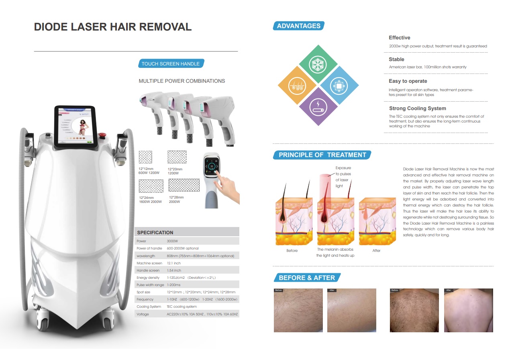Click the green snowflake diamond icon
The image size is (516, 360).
[318, 64]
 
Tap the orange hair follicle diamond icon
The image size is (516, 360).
[297, 85]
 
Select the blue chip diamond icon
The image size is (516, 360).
[339, 85]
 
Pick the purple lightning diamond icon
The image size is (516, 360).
[318, 106]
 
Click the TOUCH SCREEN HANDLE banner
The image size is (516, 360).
[171, 63]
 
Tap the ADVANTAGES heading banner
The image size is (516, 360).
[298, 26]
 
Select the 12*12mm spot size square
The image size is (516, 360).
[145, 157]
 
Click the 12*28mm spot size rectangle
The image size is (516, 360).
[184, 185]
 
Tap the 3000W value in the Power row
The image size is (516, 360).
[172, 241]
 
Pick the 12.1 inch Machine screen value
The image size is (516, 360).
[174, 263]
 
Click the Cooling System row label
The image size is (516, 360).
[149, 307]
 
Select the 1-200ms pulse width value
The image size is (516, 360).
[174, 285]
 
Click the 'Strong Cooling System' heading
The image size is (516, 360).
[417, 108]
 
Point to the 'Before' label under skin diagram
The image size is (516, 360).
[292, 251]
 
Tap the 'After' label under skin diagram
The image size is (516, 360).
[376, 251]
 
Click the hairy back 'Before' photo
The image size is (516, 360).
[414, 310]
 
